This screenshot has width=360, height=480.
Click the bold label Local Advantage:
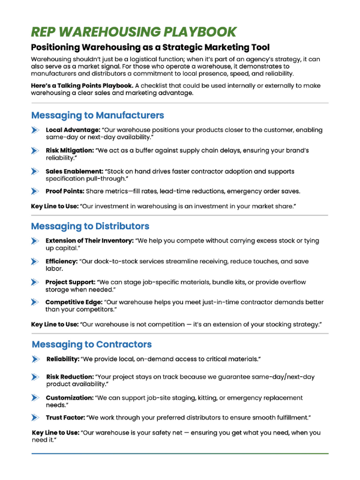pyautogui.click(x=73, y=130)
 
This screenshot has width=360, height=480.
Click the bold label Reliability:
pyautogui.click(x=66, y=359)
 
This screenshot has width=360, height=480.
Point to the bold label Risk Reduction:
pyautogui.click(x=70, y=377)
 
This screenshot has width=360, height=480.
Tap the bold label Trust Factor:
pyautogui.click(x=66, y=417)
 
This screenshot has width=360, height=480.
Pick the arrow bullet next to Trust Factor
pyautogui.click(x=36, y=417)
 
